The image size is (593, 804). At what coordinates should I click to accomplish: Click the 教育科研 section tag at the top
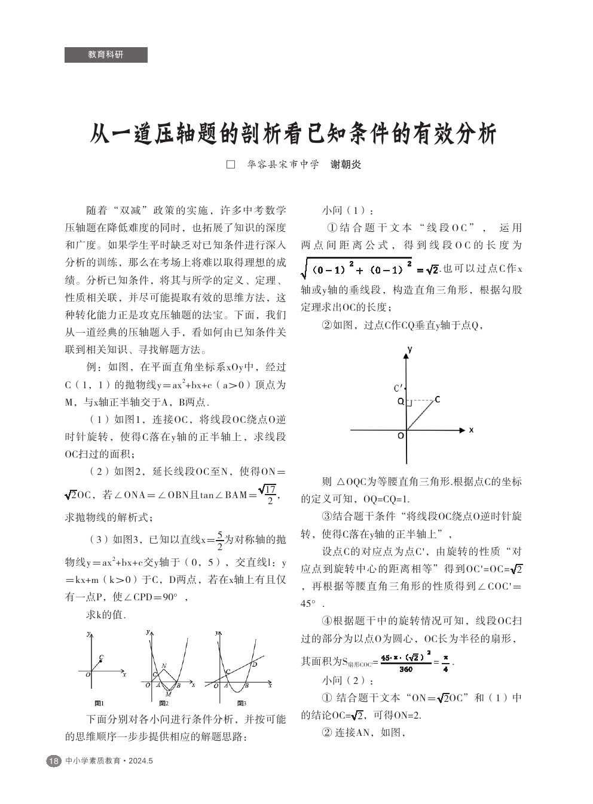[106, 54]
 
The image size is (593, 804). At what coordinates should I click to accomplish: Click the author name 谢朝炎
[346, 164]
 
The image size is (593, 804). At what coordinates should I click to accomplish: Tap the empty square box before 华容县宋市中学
[231, 164]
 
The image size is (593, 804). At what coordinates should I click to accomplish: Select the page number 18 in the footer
[54, 761]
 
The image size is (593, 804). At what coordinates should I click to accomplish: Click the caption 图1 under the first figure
[99, 703]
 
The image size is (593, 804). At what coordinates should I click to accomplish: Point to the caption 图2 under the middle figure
[163, 703]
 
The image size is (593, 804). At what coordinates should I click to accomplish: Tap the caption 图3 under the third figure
[242, 703]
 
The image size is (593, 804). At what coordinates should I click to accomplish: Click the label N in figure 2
[164, 665]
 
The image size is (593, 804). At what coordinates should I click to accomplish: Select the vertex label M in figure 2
[168, 694]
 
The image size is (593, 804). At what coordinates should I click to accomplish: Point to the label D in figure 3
[254, 664]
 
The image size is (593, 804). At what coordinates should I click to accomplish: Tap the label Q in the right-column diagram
[401, 401]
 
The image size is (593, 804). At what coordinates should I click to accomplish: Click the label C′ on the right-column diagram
[398, 388]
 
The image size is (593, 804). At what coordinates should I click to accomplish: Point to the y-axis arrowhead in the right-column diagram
[406, 351]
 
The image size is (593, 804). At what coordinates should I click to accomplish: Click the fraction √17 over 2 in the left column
[270, 494]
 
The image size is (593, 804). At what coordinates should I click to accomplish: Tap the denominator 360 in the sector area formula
[405, 669]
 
